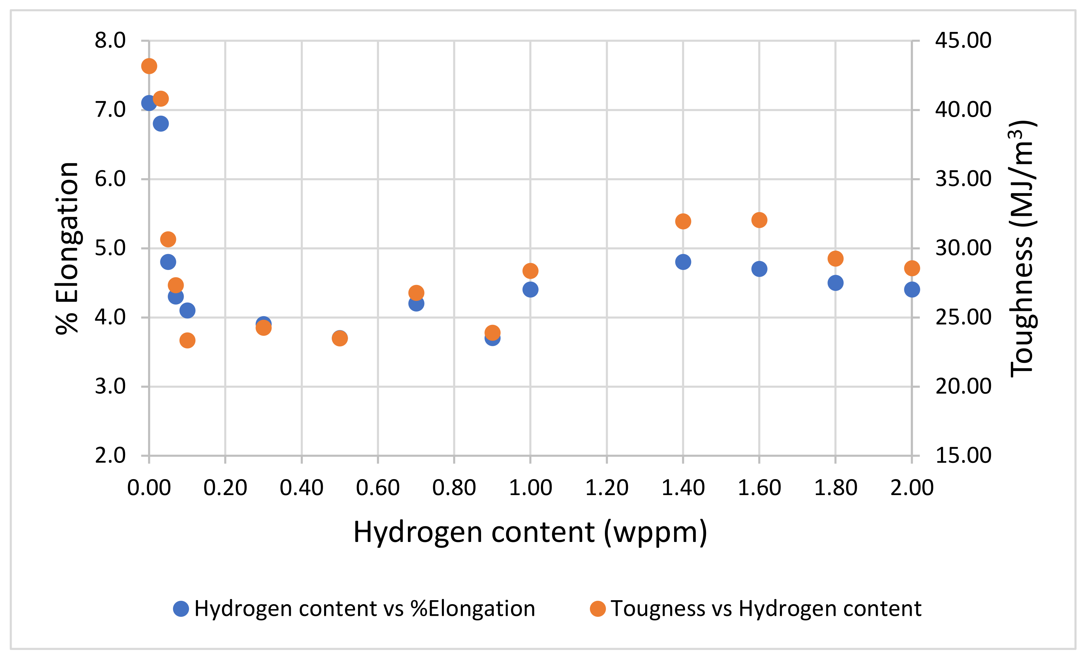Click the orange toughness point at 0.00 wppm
(x=149, y=66)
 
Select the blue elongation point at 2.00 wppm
(x=912, y=290)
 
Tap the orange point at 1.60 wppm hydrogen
(x=759, y=220)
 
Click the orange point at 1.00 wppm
(x=530, y=271)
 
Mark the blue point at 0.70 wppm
(x=416, y=303)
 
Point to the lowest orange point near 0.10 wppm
(x=188, y=340)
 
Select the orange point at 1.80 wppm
(x=835, y=259)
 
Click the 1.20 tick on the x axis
(x=607, y=488)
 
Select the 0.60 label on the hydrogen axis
(x=378, y=488)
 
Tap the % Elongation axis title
(x=67, y=248)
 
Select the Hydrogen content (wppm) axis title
(x=530, y=532)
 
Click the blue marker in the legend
(x=181, y=609)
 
